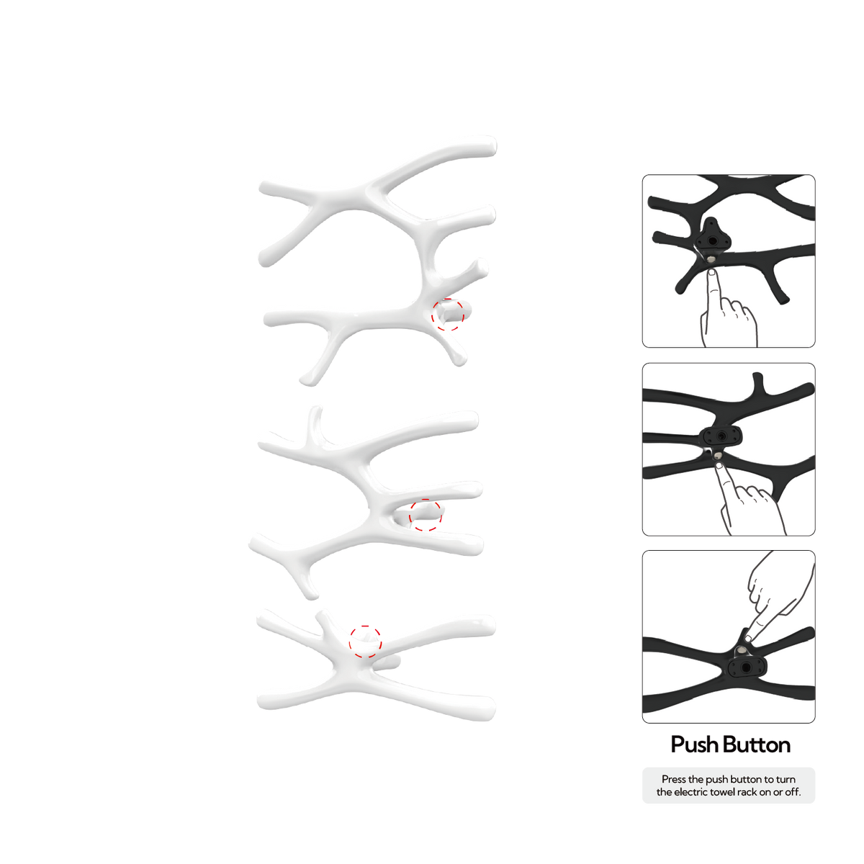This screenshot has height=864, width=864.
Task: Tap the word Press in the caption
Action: point(673,779)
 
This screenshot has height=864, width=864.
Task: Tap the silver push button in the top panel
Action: point(711,258)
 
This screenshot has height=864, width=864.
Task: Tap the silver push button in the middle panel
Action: point(718,456)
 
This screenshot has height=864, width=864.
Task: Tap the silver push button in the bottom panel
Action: point(742,651)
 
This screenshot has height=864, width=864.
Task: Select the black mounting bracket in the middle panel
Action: point(721,436)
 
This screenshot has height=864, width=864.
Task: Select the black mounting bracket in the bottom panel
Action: point(747,667)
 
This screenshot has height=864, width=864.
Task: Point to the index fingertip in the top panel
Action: point(712,272)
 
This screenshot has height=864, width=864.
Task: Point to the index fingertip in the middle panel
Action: point(719,467)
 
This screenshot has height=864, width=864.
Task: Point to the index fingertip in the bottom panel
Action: point(748,638)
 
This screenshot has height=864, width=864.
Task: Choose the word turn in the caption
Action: point(786,779)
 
